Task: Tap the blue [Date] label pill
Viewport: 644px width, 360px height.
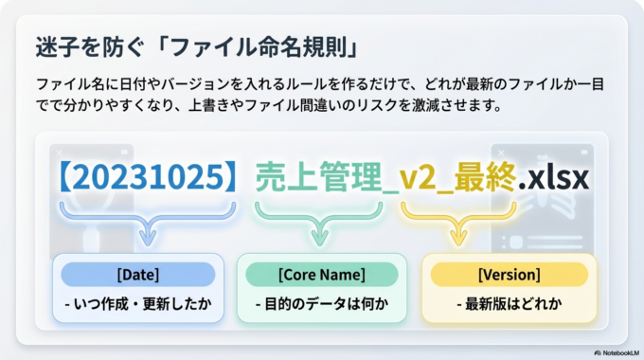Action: (138, 275)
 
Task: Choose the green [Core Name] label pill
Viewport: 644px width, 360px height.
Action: (322, 275)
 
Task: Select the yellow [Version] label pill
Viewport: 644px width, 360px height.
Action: (510, 275)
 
